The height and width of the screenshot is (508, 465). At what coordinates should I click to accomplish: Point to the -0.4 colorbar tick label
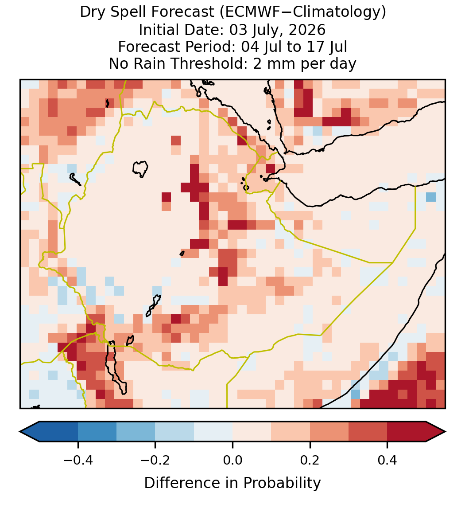78,460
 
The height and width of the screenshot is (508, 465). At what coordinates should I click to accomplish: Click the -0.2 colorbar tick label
155,460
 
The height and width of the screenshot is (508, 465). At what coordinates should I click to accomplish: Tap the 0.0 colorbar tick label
232,460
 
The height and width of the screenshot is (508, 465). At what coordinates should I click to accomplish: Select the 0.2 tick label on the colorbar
310,460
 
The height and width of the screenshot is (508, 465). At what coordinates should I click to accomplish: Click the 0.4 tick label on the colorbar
387,460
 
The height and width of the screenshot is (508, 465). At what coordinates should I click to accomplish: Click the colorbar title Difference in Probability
232,483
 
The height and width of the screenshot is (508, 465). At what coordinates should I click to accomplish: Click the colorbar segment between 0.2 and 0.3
329,432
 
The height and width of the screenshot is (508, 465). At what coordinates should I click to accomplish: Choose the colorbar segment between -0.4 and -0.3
97,432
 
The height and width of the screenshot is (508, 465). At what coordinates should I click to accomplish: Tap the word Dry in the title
92,12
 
